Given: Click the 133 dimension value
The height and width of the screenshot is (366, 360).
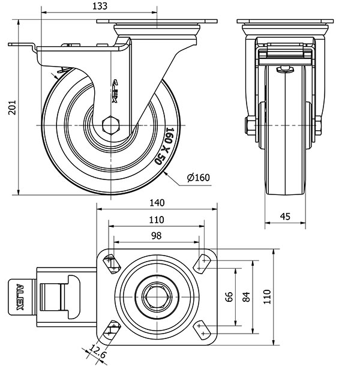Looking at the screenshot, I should point(100,6).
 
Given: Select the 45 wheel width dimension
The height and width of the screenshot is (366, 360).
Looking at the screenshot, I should point(286,216).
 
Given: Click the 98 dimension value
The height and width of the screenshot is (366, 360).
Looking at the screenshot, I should point(157,236).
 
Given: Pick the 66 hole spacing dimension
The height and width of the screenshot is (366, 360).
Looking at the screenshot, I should point(229,297).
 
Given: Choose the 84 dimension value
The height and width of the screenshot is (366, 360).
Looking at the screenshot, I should point(245,297).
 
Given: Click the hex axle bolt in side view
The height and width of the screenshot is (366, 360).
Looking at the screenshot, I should point(112,125).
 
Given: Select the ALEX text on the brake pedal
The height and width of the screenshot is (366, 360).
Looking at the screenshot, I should point(20,297).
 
